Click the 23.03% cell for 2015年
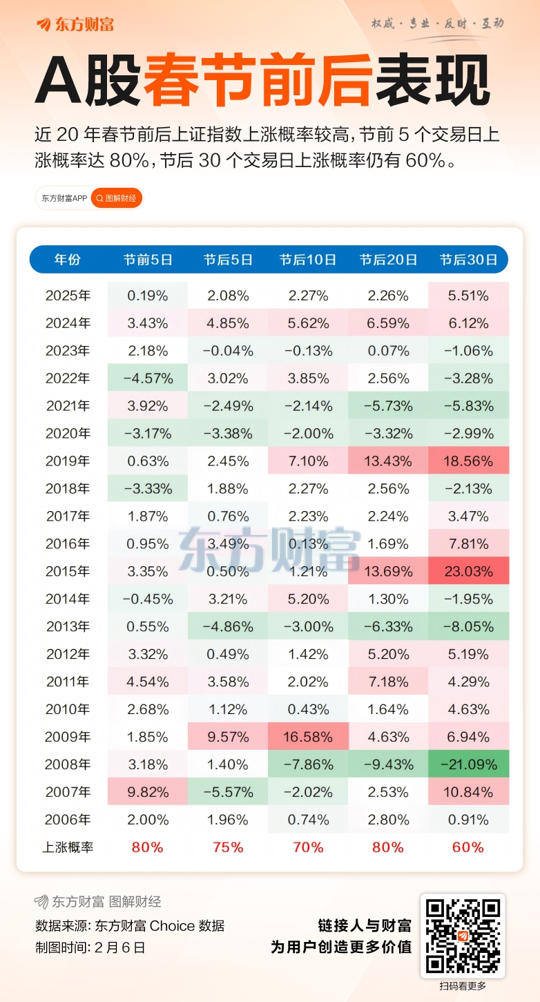coord(469,571)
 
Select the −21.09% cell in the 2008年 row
coord(469,764)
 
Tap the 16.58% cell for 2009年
coord(308,737)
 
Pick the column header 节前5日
coord(148,260)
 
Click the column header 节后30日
coord(469,260)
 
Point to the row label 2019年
coord(68,461)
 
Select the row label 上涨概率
coord(68,847)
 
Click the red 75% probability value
coord(228,847)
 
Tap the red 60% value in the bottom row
coord(469,847)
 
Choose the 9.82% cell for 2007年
coord(148,792)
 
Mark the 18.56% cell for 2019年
coord(469,461)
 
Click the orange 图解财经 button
coord(117,198)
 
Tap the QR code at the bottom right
coord(463,935)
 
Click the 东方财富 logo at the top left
coord(75,25)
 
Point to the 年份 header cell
coord(68,260)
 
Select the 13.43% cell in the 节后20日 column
coord(388,461)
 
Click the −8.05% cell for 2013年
coord(469,626)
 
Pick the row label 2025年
coord(68,296)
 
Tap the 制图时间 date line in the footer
coord(90,947)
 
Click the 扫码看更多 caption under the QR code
coord(463,986)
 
